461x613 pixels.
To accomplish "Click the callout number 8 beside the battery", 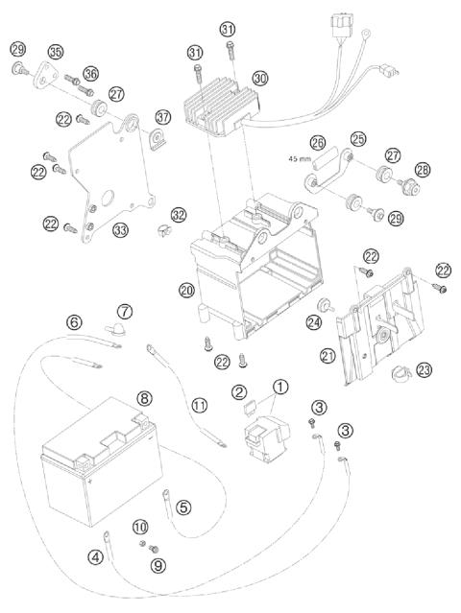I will click(x=144, y=396).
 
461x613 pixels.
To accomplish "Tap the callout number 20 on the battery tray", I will click(x=186, y=289).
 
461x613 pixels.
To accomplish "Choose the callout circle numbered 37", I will click(x=162, y=117).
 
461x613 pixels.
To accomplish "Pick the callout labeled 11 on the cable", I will click(x=199, y=406).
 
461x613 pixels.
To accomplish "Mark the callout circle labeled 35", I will click(x=56, y=52).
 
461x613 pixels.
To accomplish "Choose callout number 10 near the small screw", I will click(x=141, y=526).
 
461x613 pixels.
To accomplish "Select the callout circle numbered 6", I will click(x=73, y=323).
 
